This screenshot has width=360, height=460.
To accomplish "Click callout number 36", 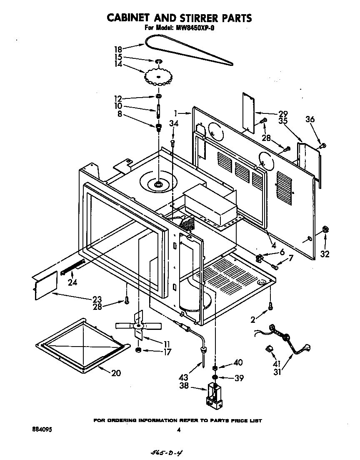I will coord(310,119).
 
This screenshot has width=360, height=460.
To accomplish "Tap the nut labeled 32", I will coord(325,229).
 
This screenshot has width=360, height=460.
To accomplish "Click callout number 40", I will coord(238,362).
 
